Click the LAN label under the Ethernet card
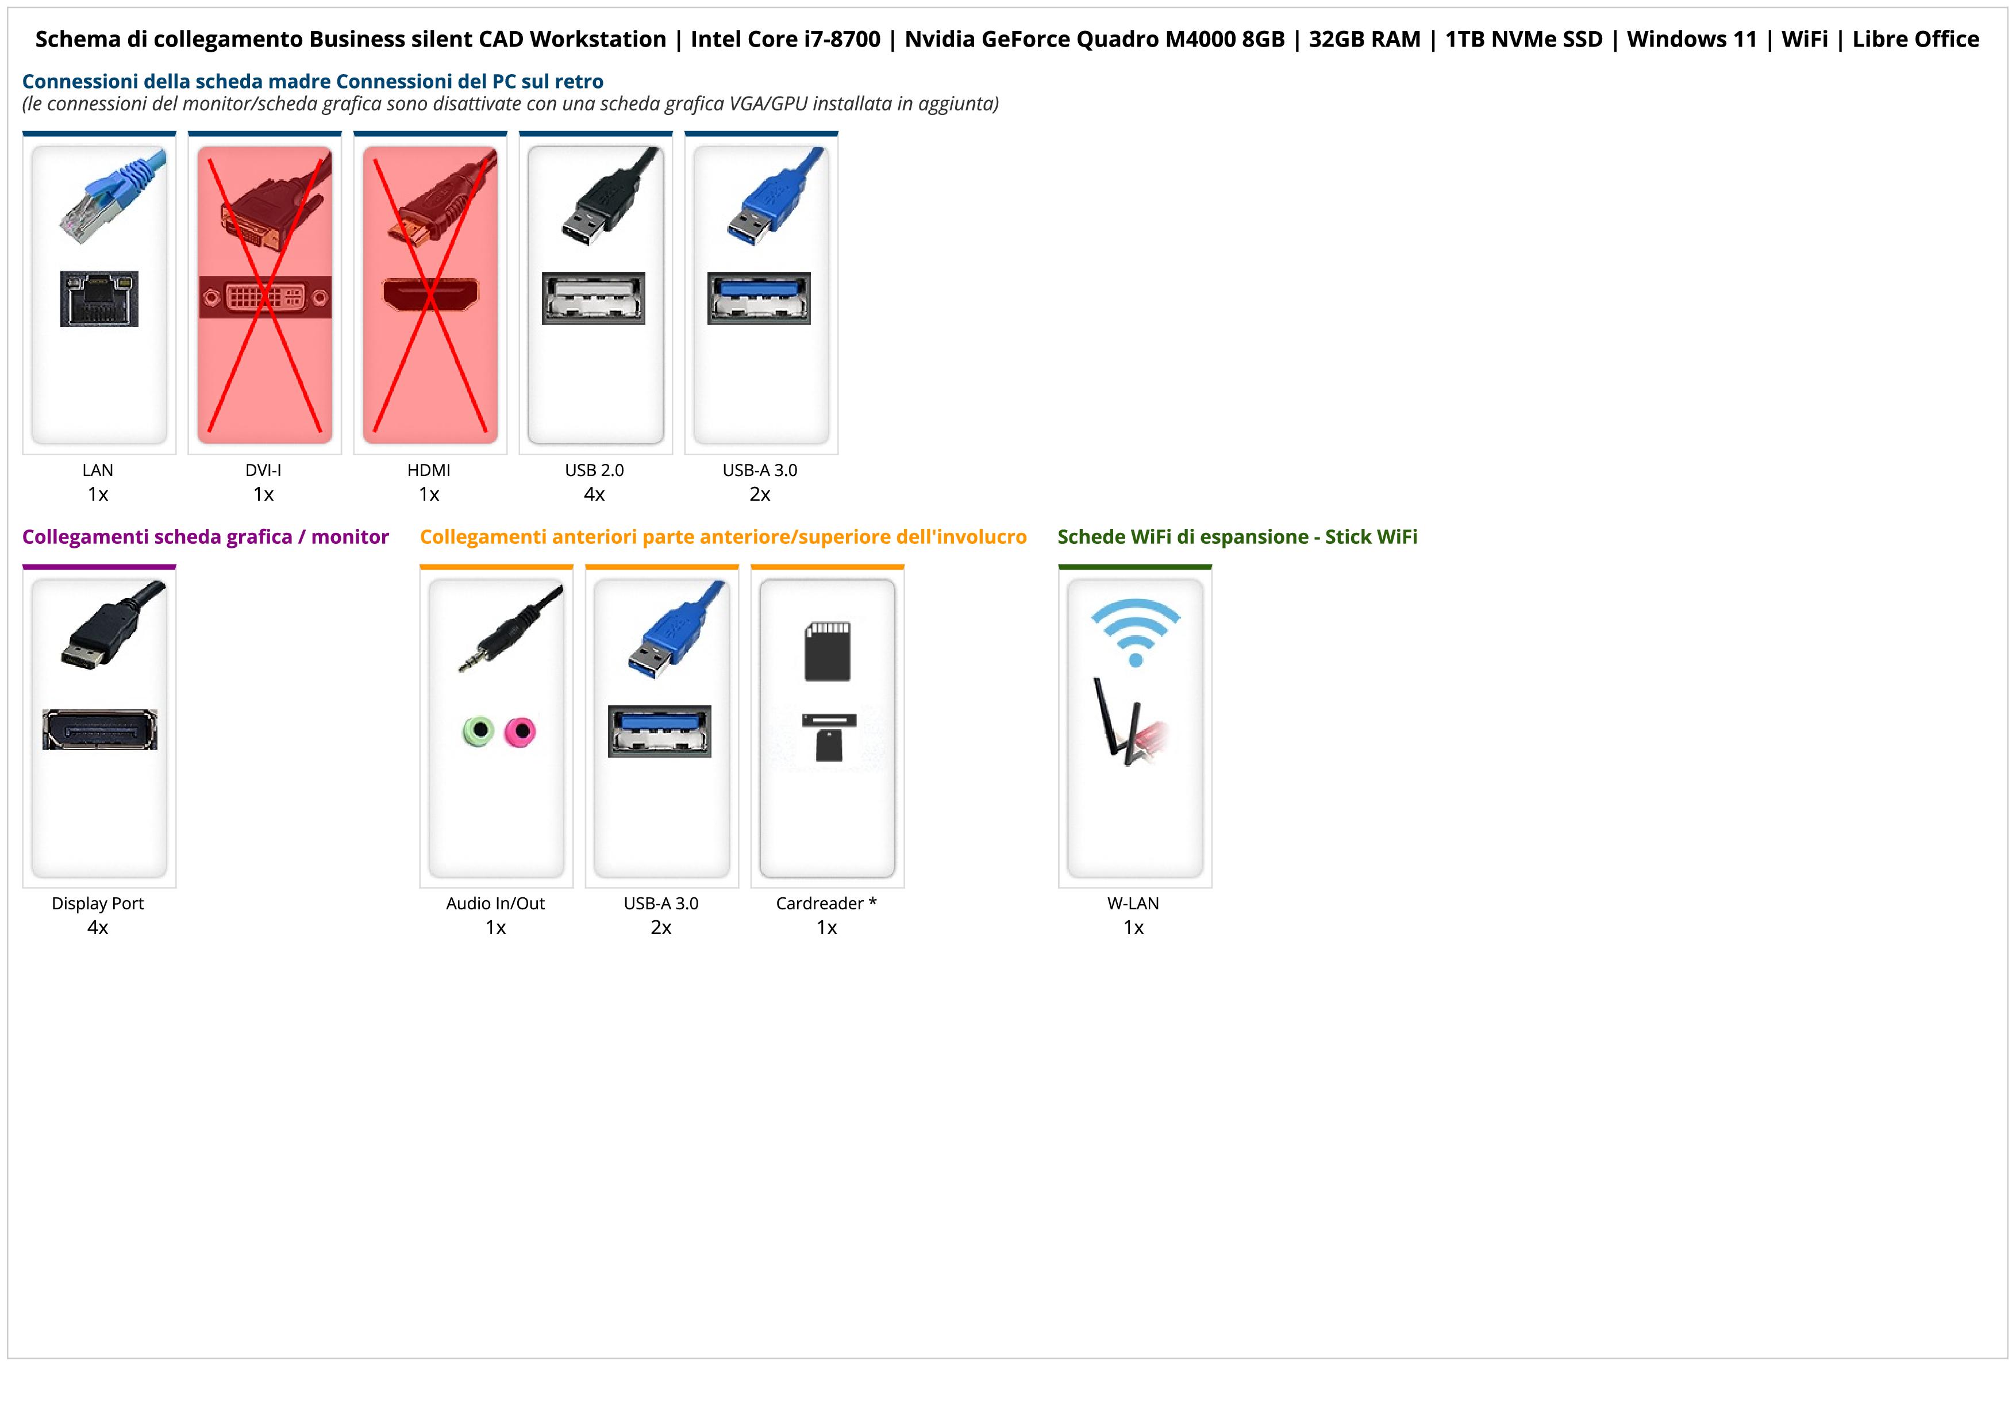(98, 470)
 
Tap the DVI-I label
(263, 470)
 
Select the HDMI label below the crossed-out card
(429, 470)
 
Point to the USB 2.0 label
(594, 470)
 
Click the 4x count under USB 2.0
(594, 494)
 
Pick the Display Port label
(98, 904)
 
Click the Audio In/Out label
(495, 904)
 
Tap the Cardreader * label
(826, 904)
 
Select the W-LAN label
(1133, 904)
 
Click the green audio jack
(478, 731)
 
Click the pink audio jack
(520, 731)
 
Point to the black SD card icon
(827, 651)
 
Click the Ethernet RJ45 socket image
(99, 298)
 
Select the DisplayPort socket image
(99, 729)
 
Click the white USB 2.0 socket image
(594, 298)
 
